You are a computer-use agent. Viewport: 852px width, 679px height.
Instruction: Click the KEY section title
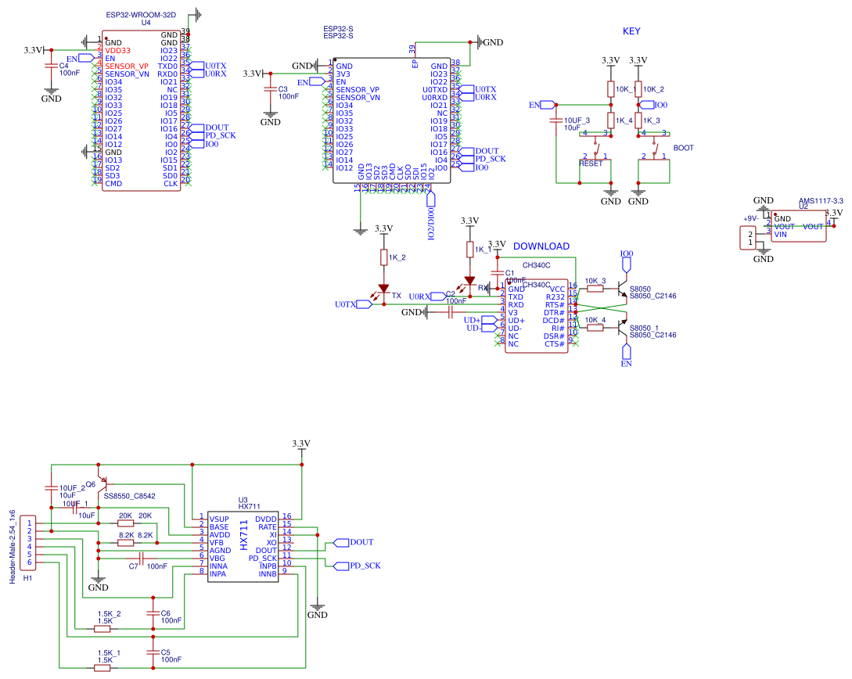pos(631,31)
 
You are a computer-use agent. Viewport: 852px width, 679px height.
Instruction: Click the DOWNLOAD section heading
pos(541,246)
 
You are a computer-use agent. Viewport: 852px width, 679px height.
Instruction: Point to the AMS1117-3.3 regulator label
pos(821,201)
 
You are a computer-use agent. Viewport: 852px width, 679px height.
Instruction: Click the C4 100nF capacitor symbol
pos(52,66)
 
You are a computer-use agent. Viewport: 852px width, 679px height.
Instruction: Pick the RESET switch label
pos(591,163)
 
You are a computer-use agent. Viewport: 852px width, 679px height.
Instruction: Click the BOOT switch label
pos(683,148)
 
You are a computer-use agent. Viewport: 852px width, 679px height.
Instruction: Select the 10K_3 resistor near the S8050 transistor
pos(595,289)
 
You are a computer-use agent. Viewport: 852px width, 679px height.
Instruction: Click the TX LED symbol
pos(383,290)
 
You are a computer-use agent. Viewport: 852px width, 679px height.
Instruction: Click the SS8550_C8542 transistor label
pos(129,496)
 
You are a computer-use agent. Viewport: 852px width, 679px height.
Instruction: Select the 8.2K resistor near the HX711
pos(125,542)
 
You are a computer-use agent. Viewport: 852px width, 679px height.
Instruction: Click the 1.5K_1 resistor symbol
pos(102,667)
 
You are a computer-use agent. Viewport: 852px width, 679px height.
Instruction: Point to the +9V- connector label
pos(750,218)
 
